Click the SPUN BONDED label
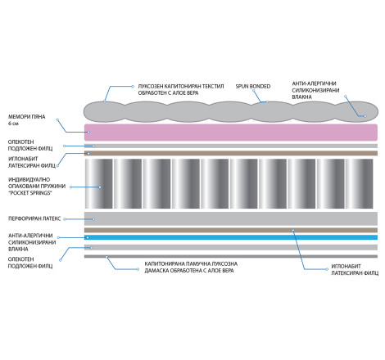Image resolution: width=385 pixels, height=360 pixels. (x=253, y=86)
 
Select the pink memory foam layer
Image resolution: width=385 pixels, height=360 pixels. (x=231, y=133)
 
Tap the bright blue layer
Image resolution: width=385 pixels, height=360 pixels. (x=231, y=237)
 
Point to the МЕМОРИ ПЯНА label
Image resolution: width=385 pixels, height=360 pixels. (x=27, y=117)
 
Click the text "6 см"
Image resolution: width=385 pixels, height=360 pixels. (x=13, y=124)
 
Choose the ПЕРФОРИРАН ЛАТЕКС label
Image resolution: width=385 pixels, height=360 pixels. (x=34, y=218)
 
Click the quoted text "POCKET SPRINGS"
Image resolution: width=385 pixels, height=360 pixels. (x=30, y=193)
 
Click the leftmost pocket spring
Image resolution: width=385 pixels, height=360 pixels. (x=99, y=184)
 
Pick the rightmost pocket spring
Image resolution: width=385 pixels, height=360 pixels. (x=359, y=184)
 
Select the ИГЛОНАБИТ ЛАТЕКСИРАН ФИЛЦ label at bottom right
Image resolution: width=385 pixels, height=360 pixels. (x=355, y=269)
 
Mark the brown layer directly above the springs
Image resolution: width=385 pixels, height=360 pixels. (x=231, y=153)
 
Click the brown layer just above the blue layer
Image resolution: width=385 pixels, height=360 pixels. (x=231, y=230)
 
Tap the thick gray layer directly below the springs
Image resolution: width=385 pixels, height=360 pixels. (x=231, y=218)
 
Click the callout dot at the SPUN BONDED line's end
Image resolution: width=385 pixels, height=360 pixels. (x=267, y=101)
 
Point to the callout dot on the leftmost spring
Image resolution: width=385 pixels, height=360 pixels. (x=100, y=187)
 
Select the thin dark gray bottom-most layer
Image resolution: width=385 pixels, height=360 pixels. (x=231, y=256)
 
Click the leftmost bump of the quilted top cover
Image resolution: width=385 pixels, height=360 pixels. (x=104, y=111)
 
